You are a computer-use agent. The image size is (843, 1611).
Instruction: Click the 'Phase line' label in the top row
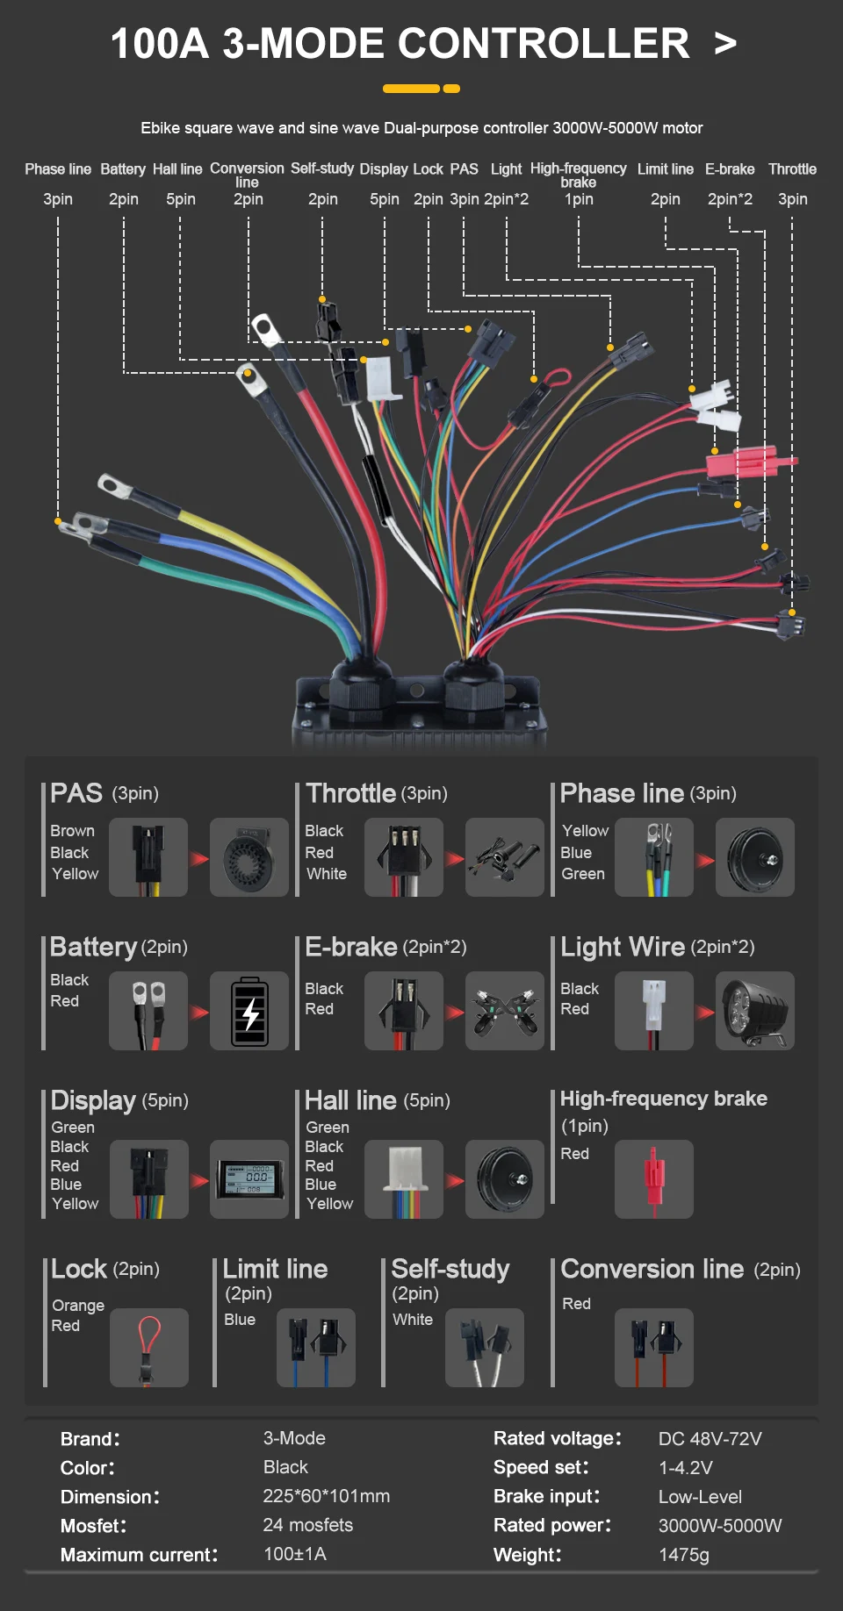pyautogui.click(x=58, y=169)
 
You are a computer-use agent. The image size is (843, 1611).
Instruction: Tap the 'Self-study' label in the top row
pyautogui.click(x=322, y=168)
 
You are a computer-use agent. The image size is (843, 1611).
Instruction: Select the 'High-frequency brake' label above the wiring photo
pyautogui.click(x=579, y=175)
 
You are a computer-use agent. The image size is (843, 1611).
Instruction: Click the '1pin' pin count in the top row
pyautogui.click(x=579, y=199)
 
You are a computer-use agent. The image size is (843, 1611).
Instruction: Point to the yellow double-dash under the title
pyautogui.click(x=421, y=89)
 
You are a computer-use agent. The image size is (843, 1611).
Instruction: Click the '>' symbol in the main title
pyautogui.click(x=725, y=43)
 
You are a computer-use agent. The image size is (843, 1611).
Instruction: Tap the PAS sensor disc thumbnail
pyautogui.click(x=249, y=857)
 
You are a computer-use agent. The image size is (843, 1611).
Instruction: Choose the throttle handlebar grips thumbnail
pyautogui.click(x=505, y=857)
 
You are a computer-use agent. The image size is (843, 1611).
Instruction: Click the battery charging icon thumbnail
pyautogui.click(x=249, y=1011)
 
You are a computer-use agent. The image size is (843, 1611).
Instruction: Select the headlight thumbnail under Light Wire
pyautogui.click(x=755, y=1011)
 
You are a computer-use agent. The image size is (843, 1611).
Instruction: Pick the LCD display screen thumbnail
pyautogui.click(x=249, y=1179)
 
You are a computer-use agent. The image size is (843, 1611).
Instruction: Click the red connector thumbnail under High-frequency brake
pyautogui.click(x=654, y=1179)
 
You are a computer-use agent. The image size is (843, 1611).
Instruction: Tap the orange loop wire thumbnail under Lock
pyautogui.click(x=149, y=1348)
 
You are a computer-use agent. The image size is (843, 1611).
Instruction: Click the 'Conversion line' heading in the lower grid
pyautogui.click(x=652, y=1269)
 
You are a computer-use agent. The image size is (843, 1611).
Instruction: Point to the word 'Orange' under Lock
pyautogui.click(x=78, y=1306)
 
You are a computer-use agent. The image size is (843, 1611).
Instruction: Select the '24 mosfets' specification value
pyautogui.click(x=308, y=1525)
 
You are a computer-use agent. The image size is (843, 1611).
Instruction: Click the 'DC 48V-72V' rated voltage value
pyautogui.click(x=710, y=1439)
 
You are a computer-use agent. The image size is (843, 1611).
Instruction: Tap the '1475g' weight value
pyautogui.click(x=684, y=1555)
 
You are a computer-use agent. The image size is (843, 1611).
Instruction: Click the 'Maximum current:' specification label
pyautogui.click(x=140, y=1555)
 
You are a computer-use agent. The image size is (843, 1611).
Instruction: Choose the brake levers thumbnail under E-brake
pyautogui.click(x=505, y=1011)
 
